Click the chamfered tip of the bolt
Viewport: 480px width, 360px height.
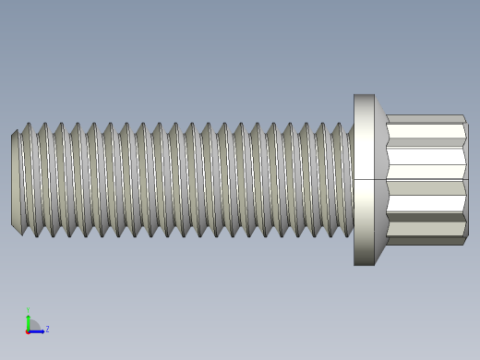pyautogui.click(x=16, y=179)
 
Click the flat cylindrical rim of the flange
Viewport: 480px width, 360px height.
pyautogui.click(x=364, y=179)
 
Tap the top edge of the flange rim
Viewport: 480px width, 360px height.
pyautogui.click(x=364, y=95)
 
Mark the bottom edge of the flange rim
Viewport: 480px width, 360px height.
pyautogui.click(x=364, y=265)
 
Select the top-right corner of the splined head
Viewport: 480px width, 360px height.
pyautogui.click(x=464, y=116)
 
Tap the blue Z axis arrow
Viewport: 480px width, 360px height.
pyautogui.click(x=39, y=330)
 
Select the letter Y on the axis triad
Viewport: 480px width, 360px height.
pyautogui.click(x=28, y=310)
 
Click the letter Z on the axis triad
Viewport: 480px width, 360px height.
pyautogui.click(x=47, y=329)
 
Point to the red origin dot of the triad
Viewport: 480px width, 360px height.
pyautogui.click(x=28, y=330)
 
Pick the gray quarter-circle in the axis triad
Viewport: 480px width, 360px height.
pyautogui.click(x=33, y=325)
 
